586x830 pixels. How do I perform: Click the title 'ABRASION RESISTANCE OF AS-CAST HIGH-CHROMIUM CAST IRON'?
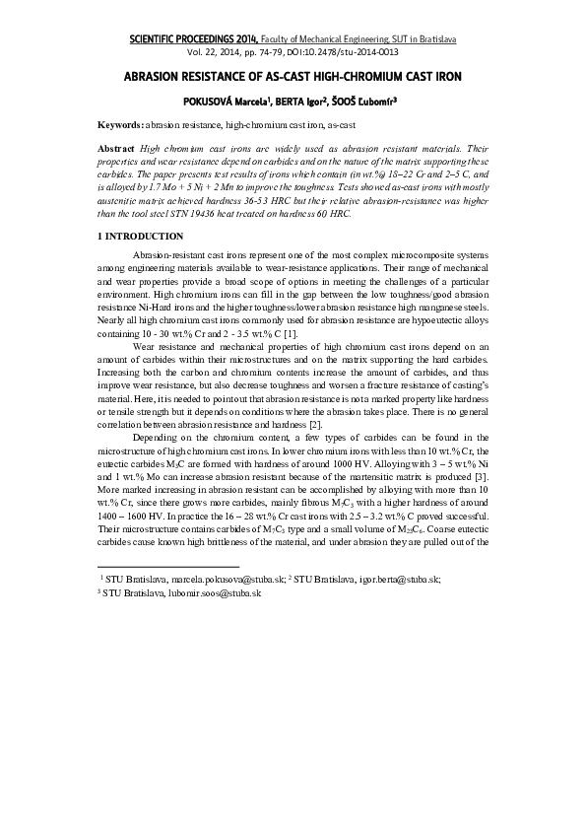pyautogui.click(x=293, y=75)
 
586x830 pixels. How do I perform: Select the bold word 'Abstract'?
pyautogui.click(x=117, y=147)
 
